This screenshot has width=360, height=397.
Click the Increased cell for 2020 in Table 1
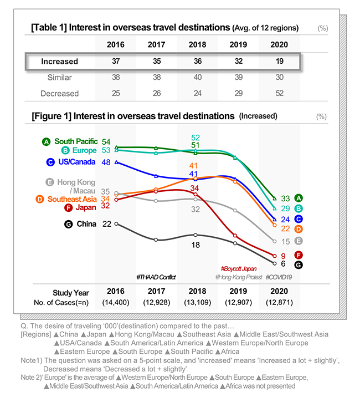[279, 61]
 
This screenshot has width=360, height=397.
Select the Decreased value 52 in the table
[279, 93]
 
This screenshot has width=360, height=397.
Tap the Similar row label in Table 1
[59, 77]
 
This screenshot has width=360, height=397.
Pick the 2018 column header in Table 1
[197, 44]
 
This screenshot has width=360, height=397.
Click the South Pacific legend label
[76, 141]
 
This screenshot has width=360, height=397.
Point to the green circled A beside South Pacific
[46, 142]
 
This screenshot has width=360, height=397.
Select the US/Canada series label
[76, 162]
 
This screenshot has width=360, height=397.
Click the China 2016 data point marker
[116, 224]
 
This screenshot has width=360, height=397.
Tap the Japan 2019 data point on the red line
[235, 236]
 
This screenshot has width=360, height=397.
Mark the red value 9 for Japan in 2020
[284, 256]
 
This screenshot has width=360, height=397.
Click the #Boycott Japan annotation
[239, 268]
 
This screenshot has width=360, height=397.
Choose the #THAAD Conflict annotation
[156, 277]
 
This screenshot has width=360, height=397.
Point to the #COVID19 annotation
[279, 277]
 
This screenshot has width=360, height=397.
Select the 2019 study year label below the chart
[238, 291]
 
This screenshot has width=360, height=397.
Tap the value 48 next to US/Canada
[106, 162]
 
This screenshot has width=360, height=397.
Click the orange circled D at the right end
[299, 229]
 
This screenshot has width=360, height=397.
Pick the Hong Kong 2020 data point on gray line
[275, 241]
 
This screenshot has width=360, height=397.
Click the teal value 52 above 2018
[196, 138]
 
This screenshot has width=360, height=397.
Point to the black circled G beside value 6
[299, 265]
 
